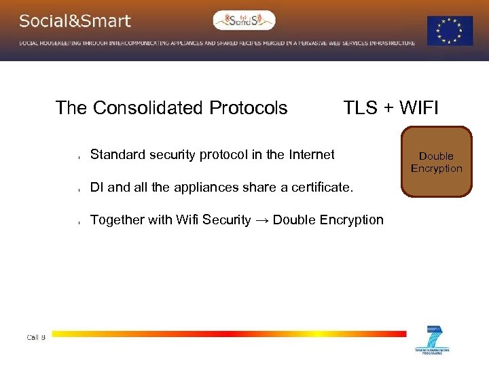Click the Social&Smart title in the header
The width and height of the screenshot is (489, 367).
pyautogui.click(x=75, y=21)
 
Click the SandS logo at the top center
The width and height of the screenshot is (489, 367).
pyautogui.click(x=244, y=20)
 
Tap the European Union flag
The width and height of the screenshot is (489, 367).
pyautogui.click(x=450, y=31)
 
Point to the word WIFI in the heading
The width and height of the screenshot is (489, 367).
pyautogui.click(x=419, y=108)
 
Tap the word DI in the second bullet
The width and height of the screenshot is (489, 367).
pyautogui.click(x=97, y=187)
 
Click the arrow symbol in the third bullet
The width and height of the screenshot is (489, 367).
pyautogui.click(x=261, y=220)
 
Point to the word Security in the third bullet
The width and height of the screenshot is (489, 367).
pyautogui.click(x=227, y=220)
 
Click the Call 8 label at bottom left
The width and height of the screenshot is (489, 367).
pyautogui.click(x=36, y=337)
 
